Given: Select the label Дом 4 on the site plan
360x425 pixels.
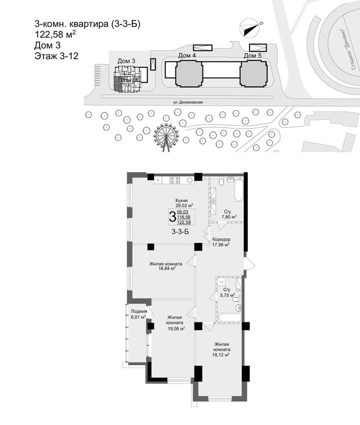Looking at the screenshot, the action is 187,56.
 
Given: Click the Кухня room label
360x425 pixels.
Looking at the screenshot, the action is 181,201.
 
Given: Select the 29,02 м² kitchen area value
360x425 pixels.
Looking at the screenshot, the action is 184,206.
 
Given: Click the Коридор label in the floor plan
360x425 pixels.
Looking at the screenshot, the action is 222,239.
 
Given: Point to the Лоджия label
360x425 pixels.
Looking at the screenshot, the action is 138,312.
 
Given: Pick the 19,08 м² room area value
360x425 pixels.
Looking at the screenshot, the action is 176,328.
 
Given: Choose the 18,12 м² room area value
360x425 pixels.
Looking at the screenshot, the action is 221,354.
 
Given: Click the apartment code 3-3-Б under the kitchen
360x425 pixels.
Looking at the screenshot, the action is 180,232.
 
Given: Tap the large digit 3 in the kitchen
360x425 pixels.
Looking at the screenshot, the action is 172,217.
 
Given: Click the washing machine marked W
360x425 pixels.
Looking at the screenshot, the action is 221,282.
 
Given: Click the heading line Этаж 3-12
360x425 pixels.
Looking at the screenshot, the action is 56,56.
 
